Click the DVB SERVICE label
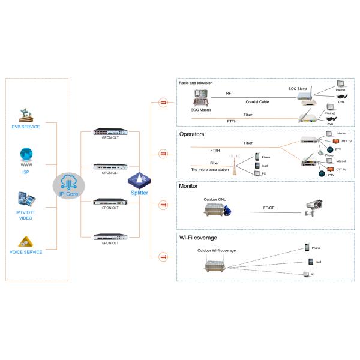(x=26, y=127)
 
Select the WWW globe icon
(x=26, y=154)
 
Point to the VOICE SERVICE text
(x=26, y=251)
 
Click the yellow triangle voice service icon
(x=26, y=241)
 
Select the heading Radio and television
(x=196, y=83)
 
